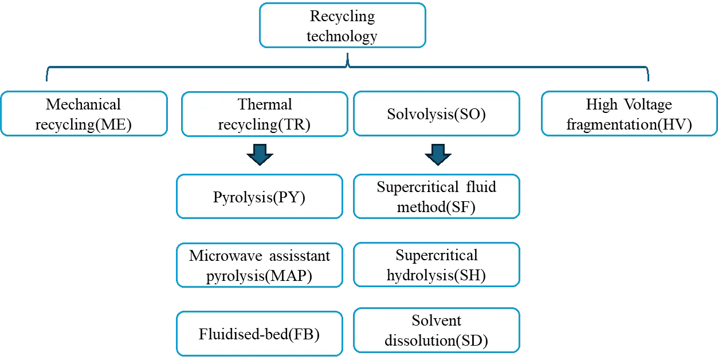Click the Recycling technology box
342,26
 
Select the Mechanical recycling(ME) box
84,114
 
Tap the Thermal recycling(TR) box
264,114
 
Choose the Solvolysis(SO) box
436,114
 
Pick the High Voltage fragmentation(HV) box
629,114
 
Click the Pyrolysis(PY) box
259,197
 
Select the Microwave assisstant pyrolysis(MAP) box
259,265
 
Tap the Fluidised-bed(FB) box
259,334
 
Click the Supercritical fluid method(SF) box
436,197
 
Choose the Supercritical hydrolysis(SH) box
436,265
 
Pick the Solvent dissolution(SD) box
436,331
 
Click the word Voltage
645,104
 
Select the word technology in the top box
342,36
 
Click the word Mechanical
84,104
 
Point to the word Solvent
436,320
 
